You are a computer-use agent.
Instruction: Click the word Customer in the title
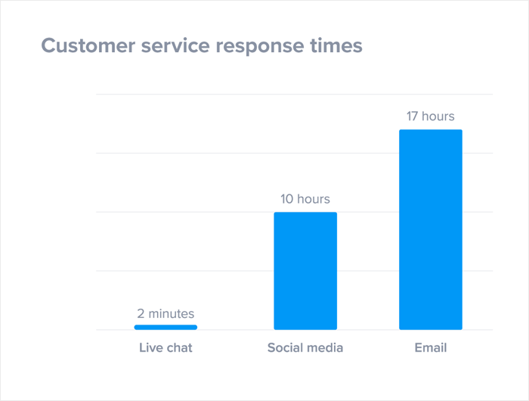click(88, 45)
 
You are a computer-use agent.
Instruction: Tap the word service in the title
click(175, 46)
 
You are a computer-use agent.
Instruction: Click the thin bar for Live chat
click(166, 327)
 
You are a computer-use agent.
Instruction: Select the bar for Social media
click(305, 271)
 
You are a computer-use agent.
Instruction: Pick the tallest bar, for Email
click(431, 229)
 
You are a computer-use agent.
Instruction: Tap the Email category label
click(431, 347)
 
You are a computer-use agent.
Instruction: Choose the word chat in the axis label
click(180, 347)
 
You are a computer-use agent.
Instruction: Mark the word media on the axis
click(323, 347)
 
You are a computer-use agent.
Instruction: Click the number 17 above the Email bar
click(413, 117)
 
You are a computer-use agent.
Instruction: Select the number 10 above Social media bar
click(286, 199)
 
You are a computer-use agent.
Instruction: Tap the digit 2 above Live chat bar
click(141, 314)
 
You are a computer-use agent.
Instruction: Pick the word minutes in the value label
click(172, 314)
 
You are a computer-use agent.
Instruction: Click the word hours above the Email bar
click(438, 117)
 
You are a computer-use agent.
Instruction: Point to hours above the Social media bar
click(314, 199)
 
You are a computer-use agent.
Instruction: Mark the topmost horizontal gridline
click(295, 95)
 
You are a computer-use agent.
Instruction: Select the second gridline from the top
click(295, 153)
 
